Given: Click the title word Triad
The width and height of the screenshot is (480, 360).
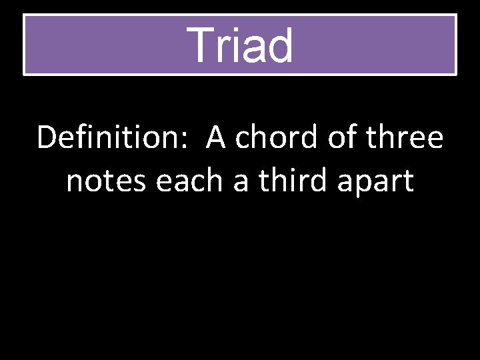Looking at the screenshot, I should tap(240, 45).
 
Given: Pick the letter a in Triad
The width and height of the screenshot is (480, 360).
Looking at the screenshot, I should tap(251, 49).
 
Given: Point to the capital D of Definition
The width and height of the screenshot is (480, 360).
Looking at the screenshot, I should tap(47, 138).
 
